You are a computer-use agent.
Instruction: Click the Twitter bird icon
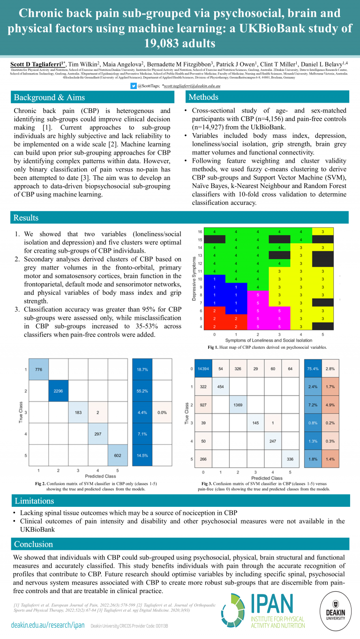click(x=134, y=86)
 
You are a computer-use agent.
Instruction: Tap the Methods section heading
click(x=203, y=97)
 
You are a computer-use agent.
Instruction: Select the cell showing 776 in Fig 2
click(x=38, y=370)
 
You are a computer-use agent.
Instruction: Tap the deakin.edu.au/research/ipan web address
click(x=48, y=625)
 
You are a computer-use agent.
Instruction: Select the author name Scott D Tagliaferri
click(x=38, y=63)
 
